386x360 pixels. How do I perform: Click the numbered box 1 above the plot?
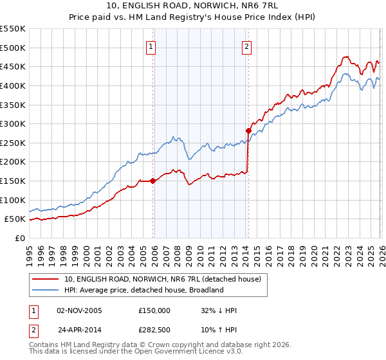[x=151, y=46]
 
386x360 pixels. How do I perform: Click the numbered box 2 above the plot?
[x=247, y=46]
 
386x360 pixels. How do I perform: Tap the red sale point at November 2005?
[x=153, y=181]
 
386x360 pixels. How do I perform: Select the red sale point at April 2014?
[x=248, y=130]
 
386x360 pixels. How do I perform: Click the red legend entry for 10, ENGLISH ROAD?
[x=162, y=279]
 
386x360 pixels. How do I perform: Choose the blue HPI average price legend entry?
[x=143, y=290]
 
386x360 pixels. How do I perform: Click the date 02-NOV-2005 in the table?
[x=80, y=310]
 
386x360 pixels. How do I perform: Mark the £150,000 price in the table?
[x=154, y=310]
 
